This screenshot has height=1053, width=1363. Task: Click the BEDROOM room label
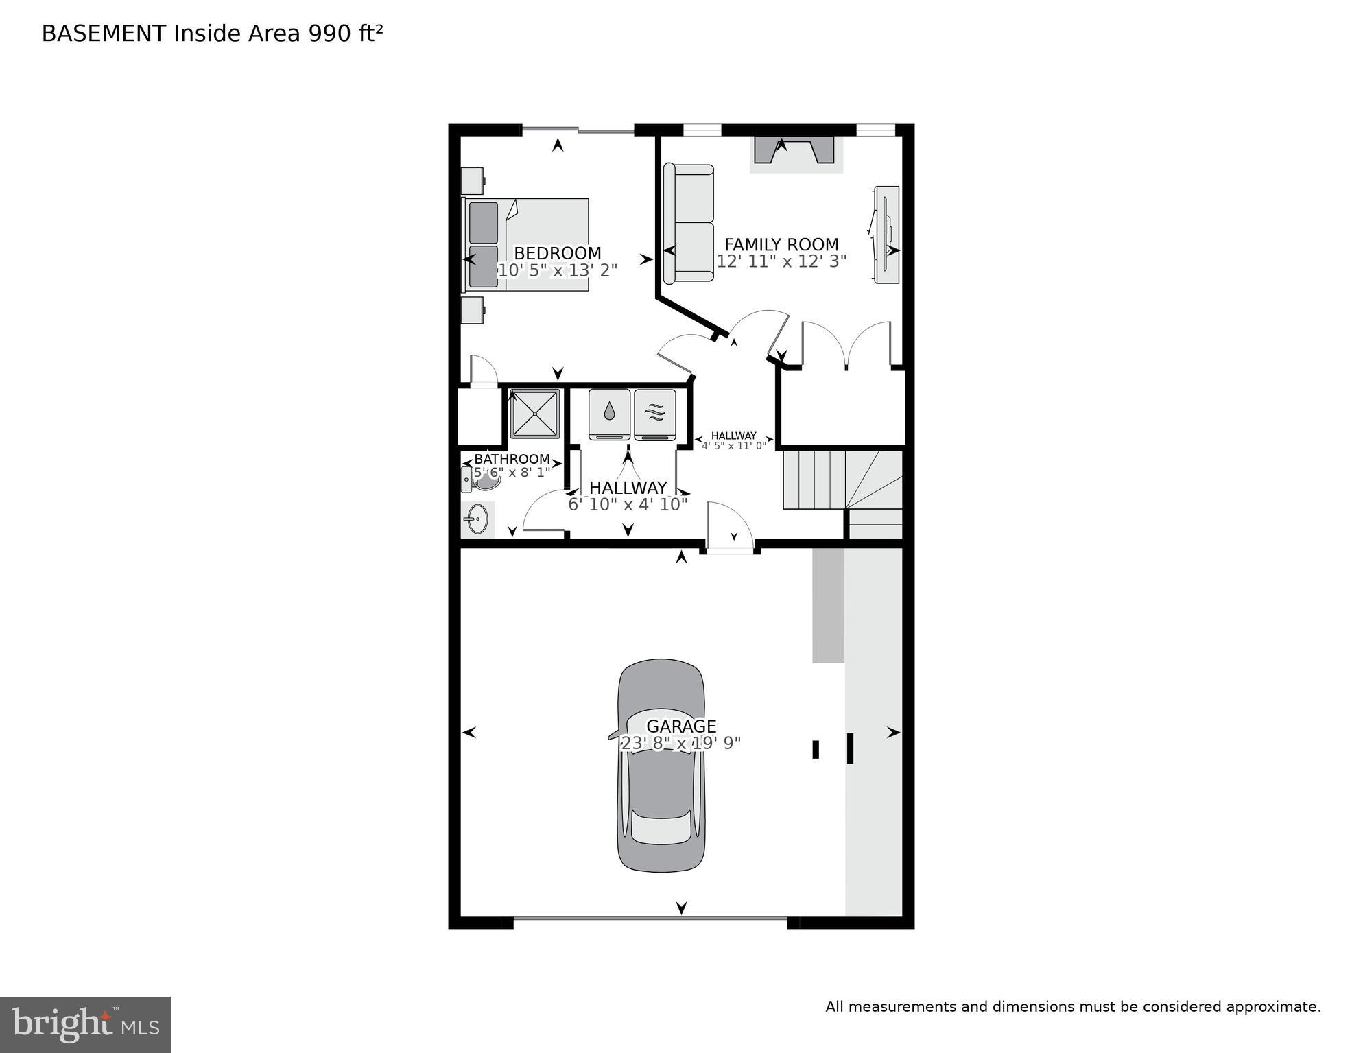click(557, 253)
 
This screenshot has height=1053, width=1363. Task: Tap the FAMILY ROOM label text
click(781, 245)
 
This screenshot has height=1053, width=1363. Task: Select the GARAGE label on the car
click(681, 726)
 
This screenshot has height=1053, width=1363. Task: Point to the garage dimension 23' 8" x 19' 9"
click(680, 743)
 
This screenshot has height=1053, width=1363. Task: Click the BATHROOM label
click(512, 459)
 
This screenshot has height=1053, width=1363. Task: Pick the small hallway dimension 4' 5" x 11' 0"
click(733, 446)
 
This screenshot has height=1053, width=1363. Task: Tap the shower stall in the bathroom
click(535, 414)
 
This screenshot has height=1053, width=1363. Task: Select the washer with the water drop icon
click(609, 414)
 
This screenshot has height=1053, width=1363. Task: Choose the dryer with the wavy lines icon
click(655, 414)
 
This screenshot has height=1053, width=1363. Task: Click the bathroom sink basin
click(477, 519)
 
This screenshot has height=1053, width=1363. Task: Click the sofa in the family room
click(688, 224)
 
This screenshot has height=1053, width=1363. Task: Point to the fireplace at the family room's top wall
click(794, 151)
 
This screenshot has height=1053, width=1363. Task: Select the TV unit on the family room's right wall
click(886, 234)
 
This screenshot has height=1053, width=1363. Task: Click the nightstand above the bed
click(472, 181)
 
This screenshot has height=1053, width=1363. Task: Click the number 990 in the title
click(329, 34)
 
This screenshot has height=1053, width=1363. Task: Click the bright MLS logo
click(85, 1025)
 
